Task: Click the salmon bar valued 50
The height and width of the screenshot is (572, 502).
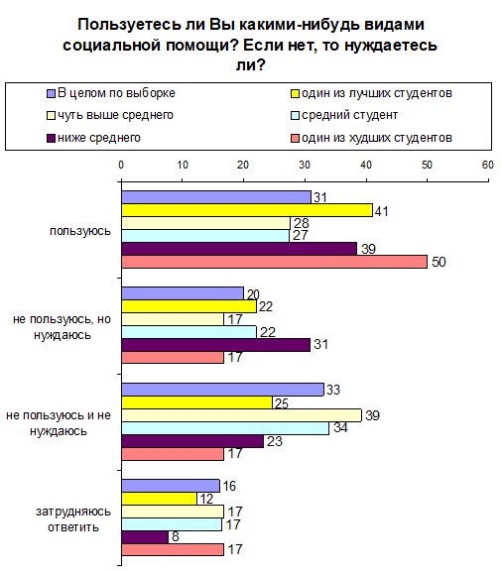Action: [274, 262]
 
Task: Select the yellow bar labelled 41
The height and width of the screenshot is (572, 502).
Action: [247, 210]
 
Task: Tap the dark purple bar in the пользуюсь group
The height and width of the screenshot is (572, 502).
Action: [239, 249]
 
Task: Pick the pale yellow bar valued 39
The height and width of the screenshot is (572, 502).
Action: [241, 415]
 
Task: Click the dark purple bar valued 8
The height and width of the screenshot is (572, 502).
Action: [145, 537]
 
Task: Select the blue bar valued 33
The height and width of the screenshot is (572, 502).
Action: [222, 390]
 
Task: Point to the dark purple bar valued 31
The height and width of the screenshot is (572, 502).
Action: [215, 345]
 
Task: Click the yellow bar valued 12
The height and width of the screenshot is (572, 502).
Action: [159, 499]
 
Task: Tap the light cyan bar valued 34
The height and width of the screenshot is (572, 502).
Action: [225, 428]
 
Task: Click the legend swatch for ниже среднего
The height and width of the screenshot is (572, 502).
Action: [51, 138]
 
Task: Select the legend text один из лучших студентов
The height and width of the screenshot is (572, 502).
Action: [377, 93]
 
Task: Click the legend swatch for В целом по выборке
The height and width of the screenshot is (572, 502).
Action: [51, 94]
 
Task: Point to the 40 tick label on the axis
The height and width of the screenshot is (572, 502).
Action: [366, 165]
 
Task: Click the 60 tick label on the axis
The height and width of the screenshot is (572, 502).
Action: [488, 165]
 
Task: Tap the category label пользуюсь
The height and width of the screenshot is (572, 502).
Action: [80, 231]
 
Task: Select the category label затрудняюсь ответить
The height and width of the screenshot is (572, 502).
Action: [73, 519]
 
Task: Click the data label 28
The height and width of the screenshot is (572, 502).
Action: [302, 223]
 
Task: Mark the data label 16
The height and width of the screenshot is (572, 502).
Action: [229, 486]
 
